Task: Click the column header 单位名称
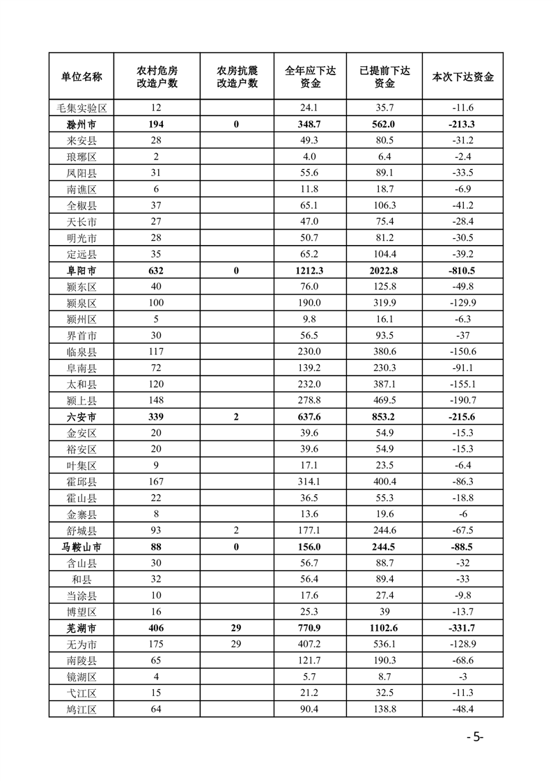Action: [81, 77]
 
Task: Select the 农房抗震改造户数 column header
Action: [237, 77]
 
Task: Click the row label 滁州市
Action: [81, 124]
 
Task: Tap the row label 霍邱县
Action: [81, 481]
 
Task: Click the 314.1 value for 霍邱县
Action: [311, 481]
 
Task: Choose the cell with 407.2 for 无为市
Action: [311, 645]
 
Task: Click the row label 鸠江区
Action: [81, 710]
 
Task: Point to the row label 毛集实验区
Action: [81, 108]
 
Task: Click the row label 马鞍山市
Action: [81, 546]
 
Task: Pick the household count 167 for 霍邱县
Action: [156, 481]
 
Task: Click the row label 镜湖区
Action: [81, 677]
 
